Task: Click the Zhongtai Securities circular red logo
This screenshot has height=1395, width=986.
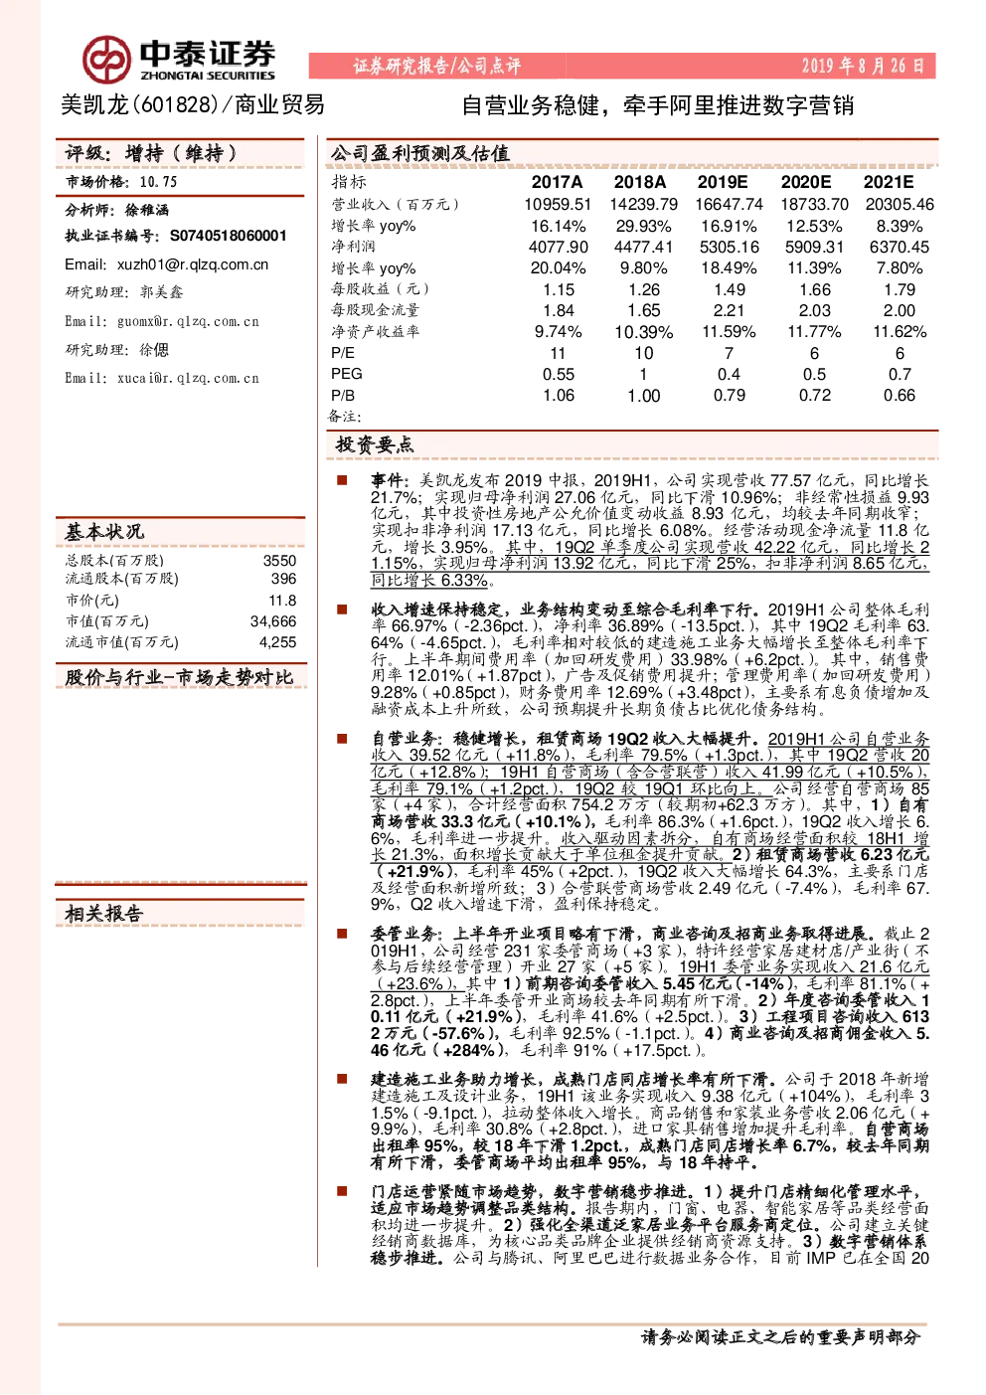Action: pyautogui.click(x=107, y=60)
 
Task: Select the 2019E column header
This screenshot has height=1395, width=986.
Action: pyautogui.click(x=722, y=182)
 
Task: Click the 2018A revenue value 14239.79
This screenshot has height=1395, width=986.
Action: pyautogui.click(x=643, y=204)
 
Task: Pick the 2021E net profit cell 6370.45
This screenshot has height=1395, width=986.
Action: pyautogui.click(x=899, y=248)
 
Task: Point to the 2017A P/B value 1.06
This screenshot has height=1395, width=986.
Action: pyautogui.click(x=559, y=396)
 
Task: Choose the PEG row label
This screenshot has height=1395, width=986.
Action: pyautogui.click(x=347, y=374)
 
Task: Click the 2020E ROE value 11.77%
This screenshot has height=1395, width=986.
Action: pyautogui.click(x=814, y=332)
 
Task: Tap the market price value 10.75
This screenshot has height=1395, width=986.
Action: pyautogui.click(x=158, y=182)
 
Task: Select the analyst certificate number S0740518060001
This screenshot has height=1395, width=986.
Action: pyautogui.click(x=229, y=236)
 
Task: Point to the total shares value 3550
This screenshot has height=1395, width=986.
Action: pyautogui.click(x=279, y=561)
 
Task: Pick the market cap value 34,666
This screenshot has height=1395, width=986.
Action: pyautogui.click(x=273, y=620)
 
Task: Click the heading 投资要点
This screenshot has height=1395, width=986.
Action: pyautogui.click(x=375, y=444)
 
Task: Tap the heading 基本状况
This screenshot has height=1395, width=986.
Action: pyautogui.click(x=104, y=532)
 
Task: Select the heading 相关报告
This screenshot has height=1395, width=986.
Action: pyautogui.click(x=104, y=914)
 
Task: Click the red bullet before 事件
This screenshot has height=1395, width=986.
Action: pyautogui.click(x=342, y=480)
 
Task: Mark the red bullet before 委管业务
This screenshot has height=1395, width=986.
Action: pyautogui.click(x=342, y=934)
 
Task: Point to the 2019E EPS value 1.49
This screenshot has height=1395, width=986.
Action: pyautogui.click(x=730, y=289)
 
